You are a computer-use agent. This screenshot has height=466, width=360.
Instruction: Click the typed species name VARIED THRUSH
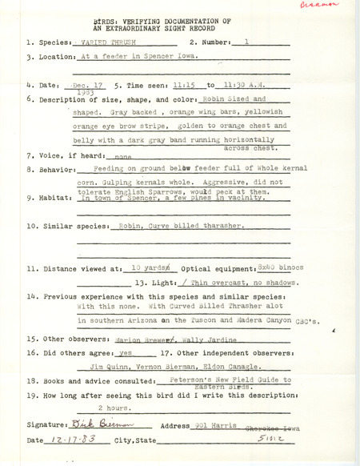click(x=106, y=39)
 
